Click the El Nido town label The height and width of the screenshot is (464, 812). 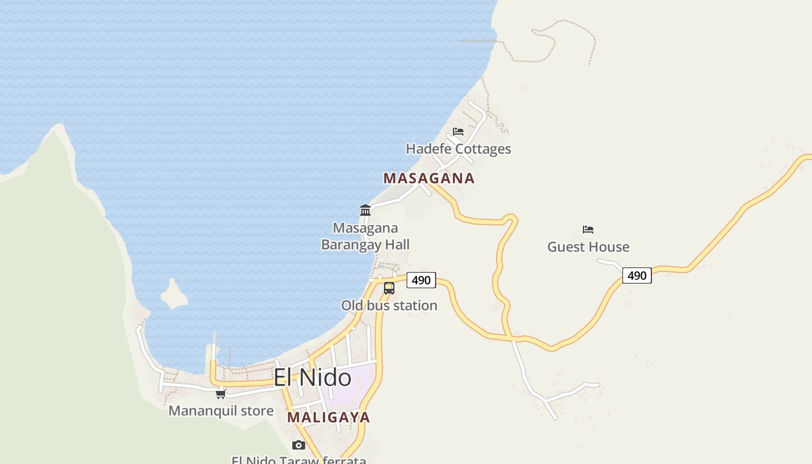click(x=312, y=378)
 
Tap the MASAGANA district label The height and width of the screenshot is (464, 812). click(x=429, y=178)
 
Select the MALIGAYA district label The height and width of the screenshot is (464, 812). click(x=328, y=417)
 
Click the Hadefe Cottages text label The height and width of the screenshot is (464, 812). click(x=458, y=149)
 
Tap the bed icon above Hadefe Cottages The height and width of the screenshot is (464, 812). click(x=458, y=132)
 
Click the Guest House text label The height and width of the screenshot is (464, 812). click(x=588, y=247)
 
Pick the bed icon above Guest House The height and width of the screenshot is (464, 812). click(x=588, y=230)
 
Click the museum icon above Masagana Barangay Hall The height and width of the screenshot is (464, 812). click(x=365, y=210)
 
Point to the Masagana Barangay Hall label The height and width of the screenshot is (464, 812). click(x=365, y=236)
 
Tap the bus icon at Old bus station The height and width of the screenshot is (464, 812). click(x=389, y=288)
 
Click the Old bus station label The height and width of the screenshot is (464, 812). click(x=389, y=306)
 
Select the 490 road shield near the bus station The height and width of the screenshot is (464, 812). click(x=421, y=280)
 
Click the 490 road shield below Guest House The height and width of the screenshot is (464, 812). click(x=637, y=275)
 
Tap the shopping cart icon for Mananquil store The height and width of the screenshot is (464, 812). click(x=220, y=394)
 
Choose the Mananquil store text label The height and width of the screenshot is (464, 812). click(x=221, y=411)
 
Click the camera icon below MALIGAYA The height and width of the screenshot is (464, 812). click(x=299, y=445)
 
